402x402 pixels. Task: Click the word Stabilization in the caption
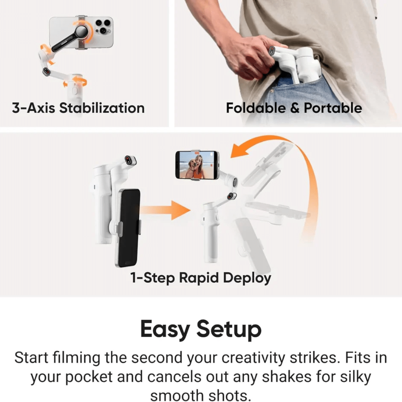tap(102, 108)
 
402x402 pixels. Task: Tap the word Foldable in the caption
tap(256, 108)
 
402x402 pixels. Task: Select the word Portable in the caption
tap(333, 108)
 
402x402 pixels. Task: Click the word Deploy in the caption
tap(247, 278)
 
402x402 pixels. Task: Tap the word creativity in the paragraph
tap(253, 358)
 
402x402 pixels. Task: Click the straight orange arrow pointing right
tap(165, 210)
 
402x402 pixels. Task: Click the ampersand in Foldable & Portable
tap(294, 108)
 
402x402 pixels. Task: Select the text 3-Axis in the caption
tap(33, 108)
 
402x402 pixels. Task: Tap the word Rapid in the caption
tap(199, 278)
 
